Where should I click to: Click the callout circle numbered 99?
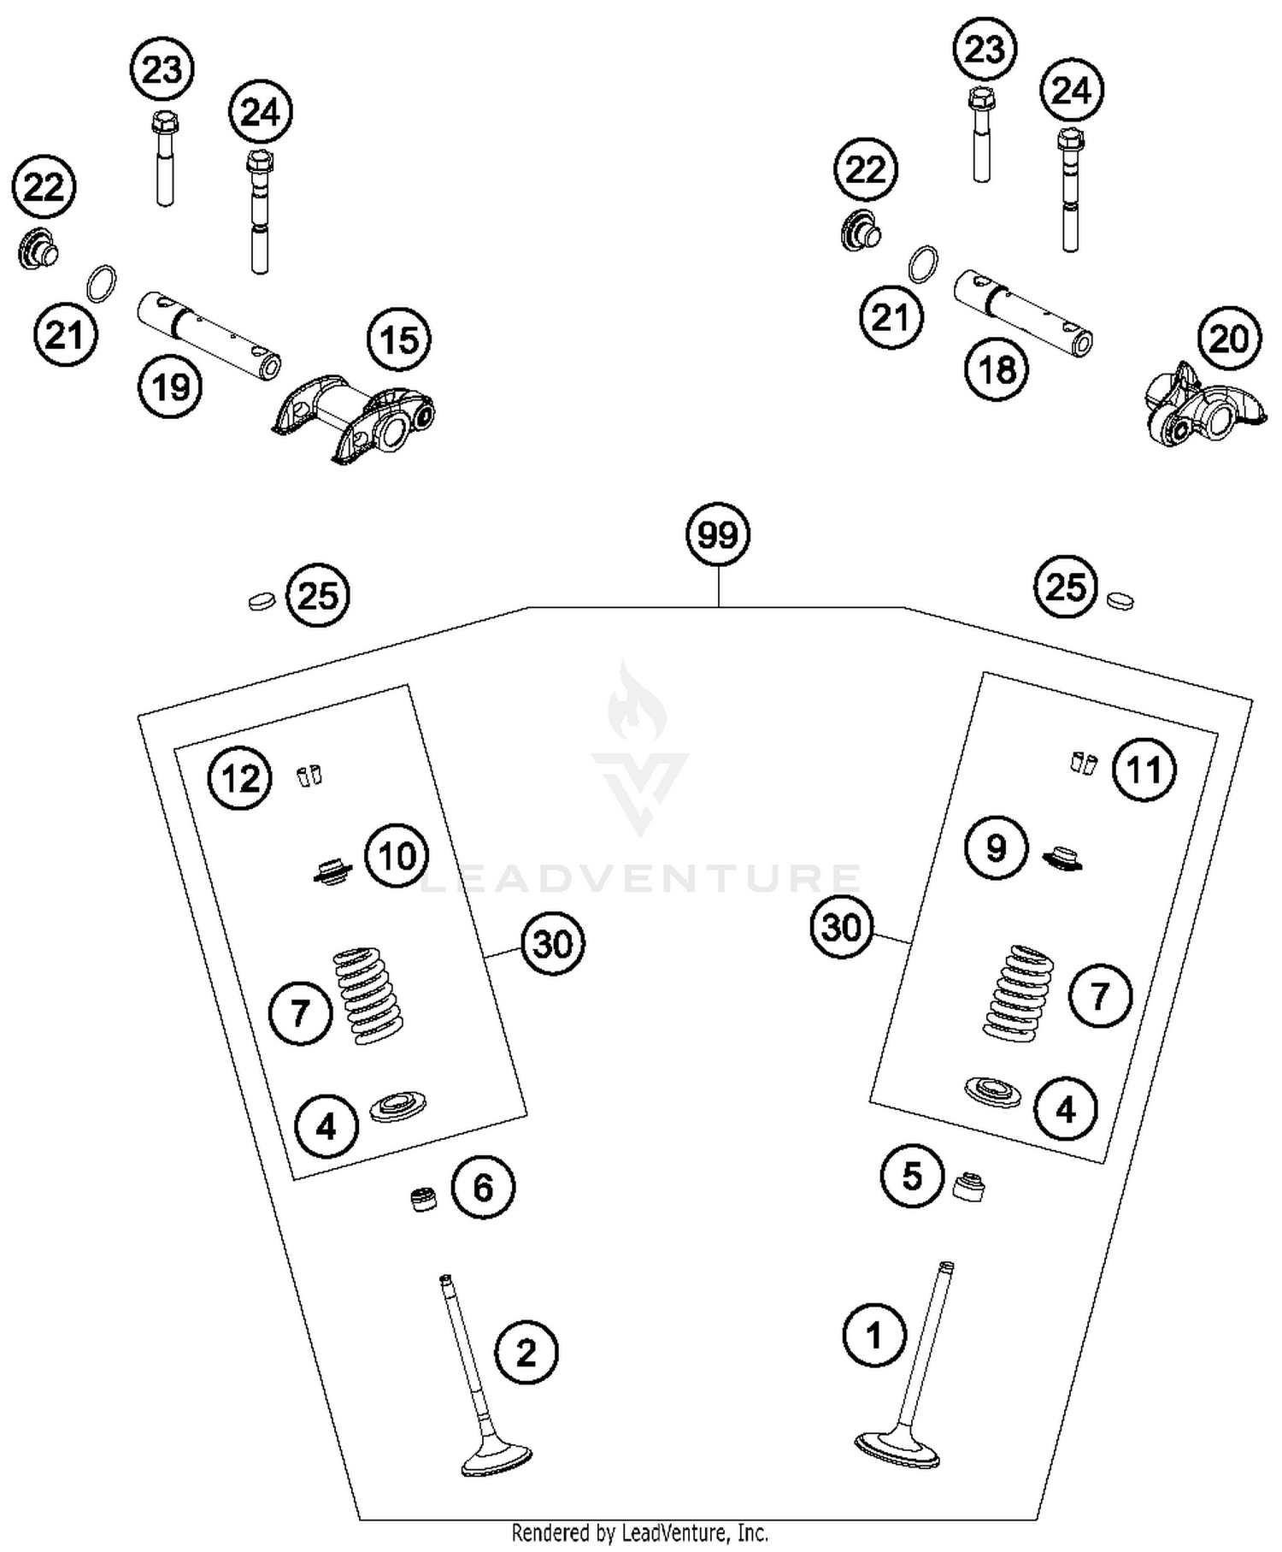[x=717, y=535]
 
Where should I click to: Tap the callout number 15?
[x=399, y=340]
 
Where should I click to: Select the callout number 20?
[x=1229, y=339]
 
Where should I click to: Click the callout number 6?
[x=483, y=1187]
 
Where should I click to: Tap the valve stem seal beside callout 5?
[x=968, y=1186]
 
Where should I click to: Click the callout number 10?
[x=397, y=856]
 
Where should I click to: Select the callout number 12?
[x=240, y=779]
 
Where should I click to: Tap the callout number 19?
[x=170, y=387]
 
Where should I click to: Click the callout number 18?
[x=997, y=370]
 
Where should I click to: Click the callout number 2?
[x=526, y=1352]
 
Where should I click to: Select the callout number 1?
[x=873, y=1335]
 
